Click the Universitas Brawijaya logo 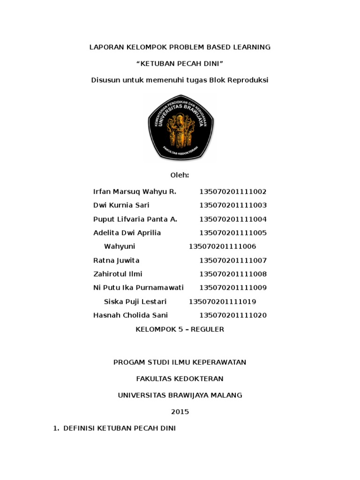coord(180,127)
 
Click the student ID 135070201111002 coord(233,192)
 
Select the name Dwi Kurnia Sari coord(121,205)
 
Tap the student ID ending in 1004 coord(233,219)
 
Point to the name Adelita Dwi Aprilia coord(127,233)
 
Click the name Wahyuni coord(119,247)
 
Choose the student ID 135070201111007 coord(233,260)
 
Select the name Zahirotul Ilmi coord(118,274)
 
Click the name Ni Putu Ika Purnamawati coord(138,287)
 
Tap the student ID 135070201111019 coord(222,301)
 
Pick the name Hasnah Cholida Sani coord(130,315)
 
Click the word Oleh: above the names coord(180,175)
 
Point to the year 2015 coord(180,412)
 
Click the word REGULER coord(207,329)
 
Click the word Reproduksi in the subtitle coord(247,80)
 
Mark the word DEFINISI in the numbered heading coord(79,428)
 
